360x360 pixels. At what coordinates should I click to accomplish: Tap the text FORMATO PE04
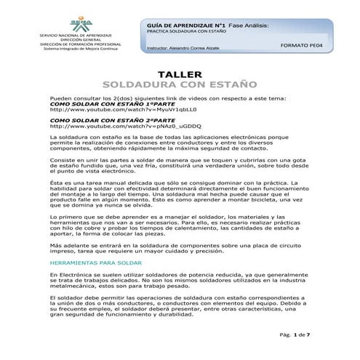coord(300,44)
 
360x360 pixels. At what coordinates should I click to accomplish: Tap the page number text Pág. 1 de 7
coord(297,334)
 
